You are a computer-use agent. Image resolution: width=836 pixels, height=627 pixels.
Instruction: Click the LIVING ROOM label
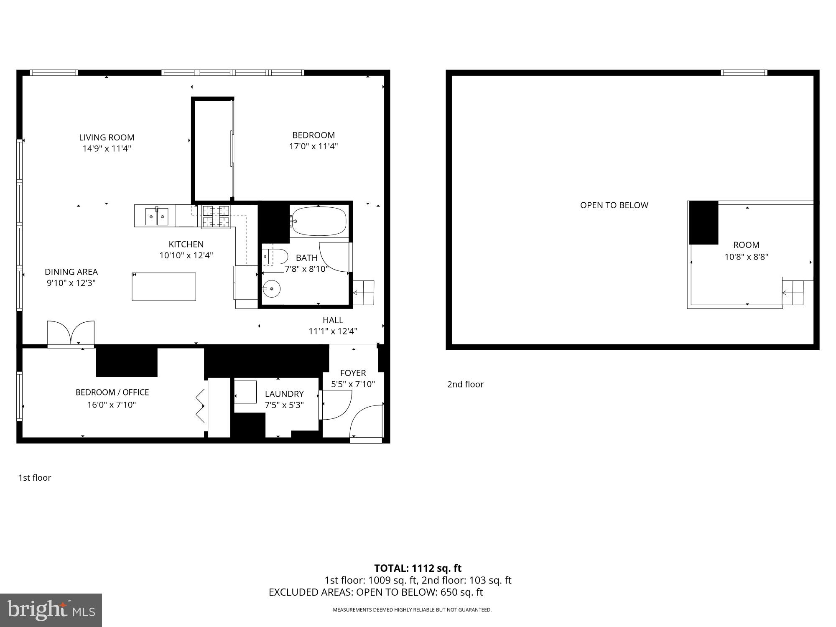coord(107,138)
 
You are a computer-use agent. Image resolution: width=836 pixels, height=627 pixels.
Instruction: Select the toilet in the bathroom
coord(276,256)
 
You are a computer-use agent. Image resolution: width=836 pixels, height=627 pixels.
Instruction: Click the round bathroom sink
coord(272,288)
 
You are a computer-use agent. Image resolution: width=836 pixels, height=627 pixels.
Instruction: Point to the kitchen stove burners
coord(216,217)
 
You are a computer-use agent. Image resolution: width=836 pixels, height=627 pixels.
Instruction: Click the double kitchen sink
coord(157,216)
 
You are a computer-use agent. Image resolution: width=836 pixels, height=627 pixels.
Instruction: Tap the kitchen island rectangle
coord(164,286)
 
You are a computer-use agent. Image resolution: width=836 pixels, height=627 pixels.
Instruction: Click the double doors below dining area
coord(71,333)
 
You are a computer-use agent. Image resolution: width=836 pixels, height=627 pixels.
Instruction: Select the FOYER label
coord(353,373)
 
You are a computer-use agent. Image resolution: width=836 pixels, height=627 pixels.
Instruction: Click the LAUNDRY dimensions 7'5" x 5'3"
coord(284,405)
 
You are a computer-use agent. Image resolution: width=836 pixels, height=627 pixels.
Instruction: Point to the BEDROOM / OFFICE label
coord(112,392)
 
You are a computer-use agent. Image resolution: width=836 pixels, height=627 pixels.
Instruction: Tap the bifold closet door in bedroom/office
coord(201,405)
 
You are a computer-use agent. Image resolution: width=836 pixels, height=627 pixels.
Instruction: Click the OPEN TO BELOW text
coord(614,205)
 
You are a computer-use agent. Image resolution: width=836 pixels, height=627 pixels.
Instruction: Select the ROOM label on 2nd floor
coord(746,245)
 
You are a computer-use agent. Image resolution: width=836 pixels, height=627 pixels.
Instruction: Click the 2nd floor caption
coord(465,384)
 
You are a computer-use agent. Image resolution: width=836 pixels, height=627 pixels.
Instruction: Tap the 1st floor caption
coord(35,477)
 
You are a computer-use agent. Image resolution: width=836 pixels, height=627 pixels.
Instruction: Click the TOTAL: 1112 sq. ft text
coord(418,568)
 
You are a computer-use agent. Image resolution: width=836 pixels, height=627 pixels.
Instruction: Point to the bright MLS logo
coord(51,610)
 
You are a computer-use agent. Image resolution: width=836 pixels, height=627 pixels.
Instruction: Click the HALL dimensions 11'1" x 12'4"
coord(333,331)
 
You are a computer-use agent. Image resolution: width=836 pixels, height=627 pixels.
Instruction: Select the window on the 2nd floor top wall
coord(744,73)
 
